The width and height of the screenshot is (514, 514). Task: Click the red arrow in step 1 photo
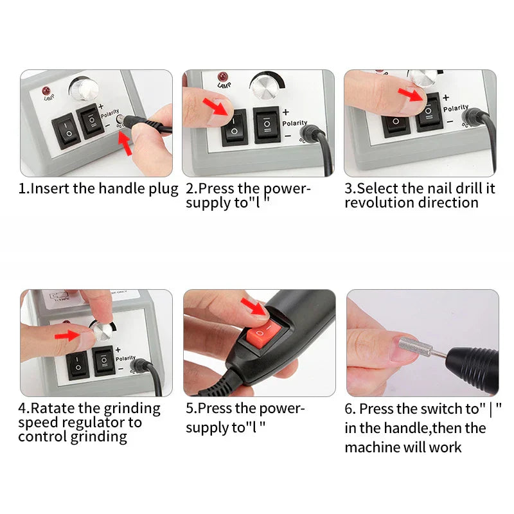(x=127, y=146)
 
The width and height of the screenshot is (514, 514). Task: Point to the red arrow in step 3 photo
(x=411, y=94)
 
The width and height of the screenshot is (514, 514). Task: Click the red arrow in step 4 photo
(x=69, y=335)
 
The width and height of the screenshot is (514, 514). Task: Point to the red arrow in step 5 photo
(x=256, y=307)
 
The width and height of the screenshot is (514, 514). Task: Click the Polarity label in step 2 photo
(x=294, y=123)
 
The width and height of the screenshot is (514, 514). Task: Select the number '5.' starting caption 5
(x=191, y=408)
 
